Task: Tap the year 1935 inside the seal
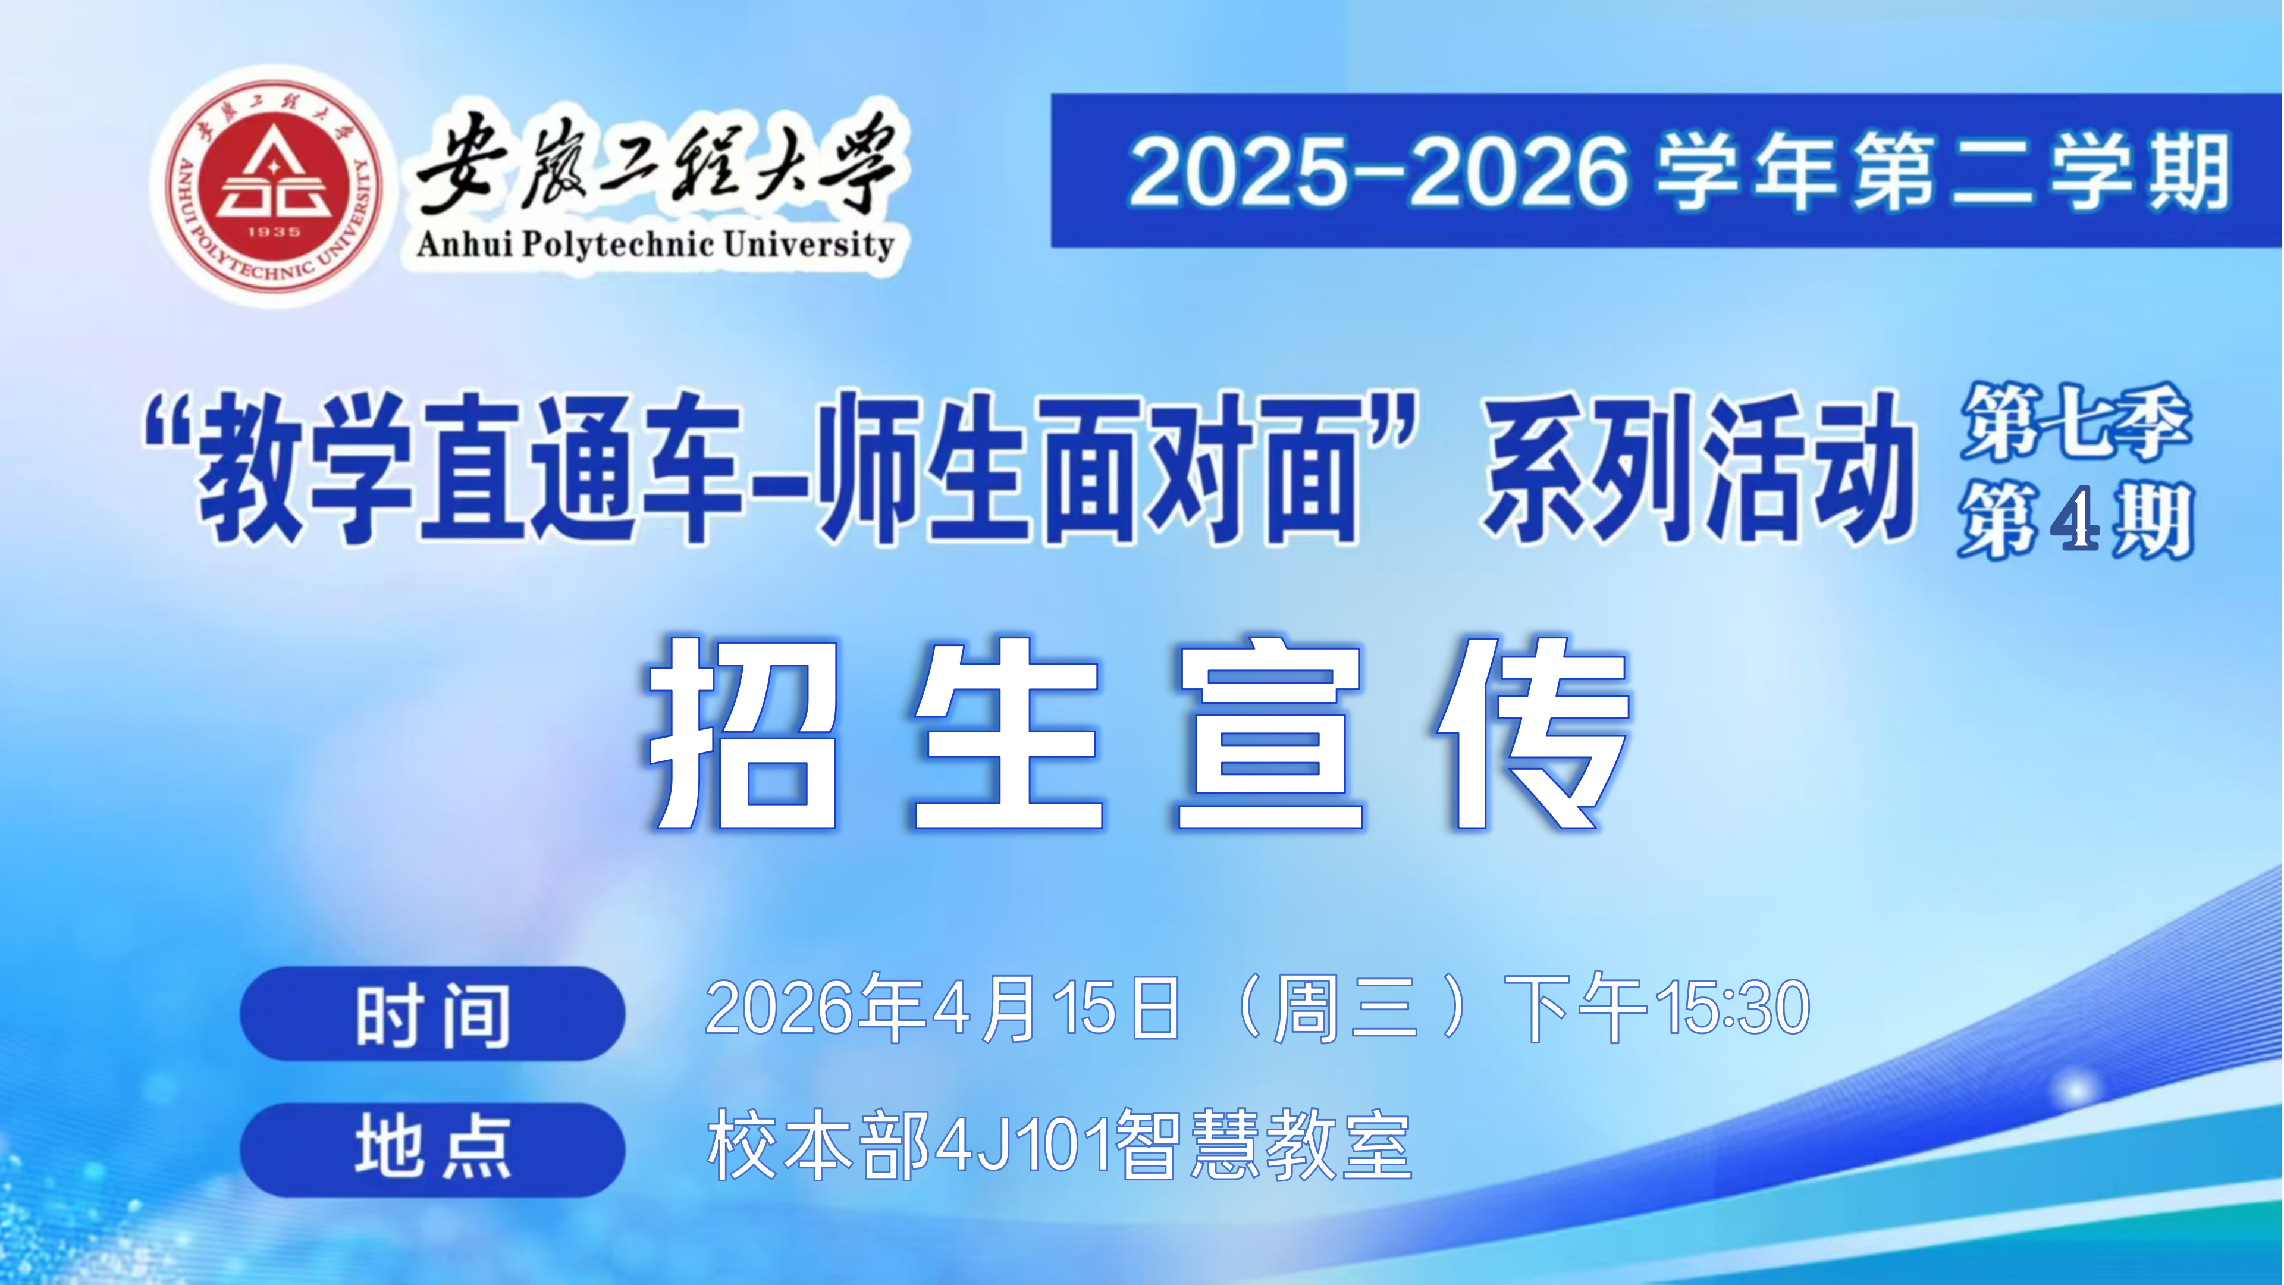click(274, 231)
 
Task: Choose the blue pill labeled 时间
click(432, 1014)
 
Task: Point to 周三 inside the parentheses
click(1346, 1008)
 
